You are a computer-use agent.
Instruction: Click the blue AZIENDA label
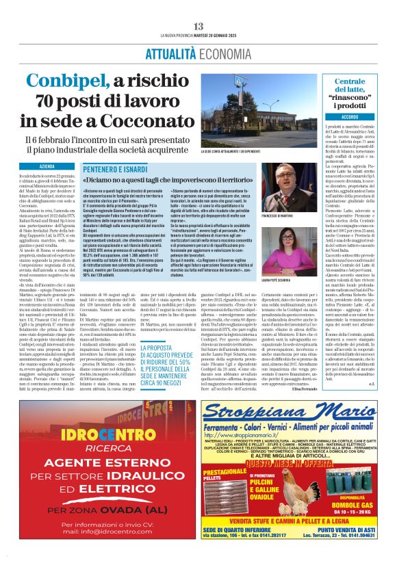click(48, 166)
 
